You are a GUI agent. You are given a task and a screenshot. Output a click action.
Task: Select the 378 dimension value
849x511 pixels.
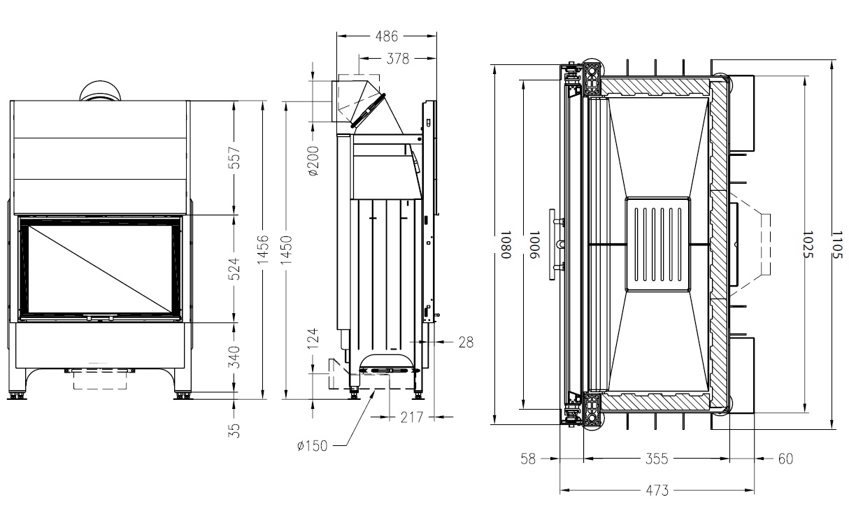tap(397, 59)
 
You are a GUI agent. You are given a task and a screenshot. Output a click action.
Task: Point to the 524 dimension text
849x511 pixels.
tap(235, 269)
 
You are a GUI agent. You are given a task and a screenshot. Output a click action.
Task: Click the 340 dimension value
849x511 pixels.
tap(235, 357)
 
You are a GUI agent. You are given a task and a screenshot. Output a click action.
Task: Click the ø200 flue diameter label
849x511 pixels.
tap(313, 161)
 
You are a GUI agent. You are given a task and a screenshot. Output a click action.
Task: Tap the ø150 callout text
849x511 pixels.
tap(312, 445)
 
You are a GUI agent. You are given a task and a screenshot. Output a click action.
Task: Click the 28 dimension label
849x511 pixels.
tap(466, 343)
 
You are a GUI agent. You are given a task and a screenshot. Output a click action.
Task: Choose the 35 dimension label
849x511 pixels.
tap(235, 429)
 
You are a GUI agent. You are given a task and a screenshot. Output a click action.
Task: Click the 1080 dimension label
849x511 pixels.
tap(504, 245)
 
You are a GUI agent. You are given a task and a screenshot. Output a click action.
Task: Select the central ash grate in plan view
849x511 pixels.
tap(657, 244)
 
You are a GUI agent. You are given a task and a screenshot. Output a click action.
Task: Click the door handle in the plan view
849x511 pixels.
tap(557, 244)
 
